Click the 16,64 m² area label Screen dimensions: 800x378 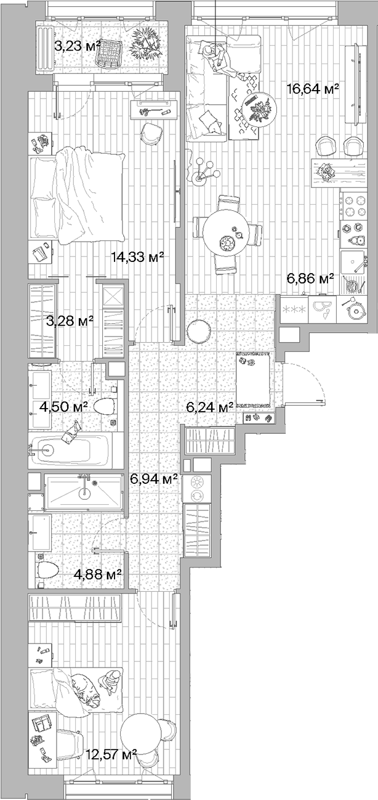pos(313,89)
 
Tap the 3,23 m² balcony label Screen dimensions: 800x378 pos(78,45)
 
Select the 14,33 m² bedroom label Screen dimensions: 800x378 pos(137,258)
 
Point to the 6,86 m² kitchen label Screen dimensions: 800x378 pos(310,279)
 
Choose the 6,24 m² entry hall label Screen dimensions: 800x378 pos(210,406)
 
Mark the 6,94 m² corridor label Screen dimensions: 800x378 pos(154,478)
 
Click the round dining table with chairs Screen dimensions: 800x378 pos(227,234)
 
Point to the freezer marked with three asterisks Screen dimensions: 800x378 pos(294,308)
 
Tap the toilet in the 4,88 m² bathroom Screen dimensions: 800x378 pos(47,570)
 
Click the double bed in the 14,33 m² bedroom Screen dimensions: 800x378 pos(77,196)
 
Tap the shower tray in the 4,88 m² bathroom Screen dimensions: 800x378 pos(83,492)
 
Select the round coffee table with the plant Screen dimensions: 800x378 pos(258,110)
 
